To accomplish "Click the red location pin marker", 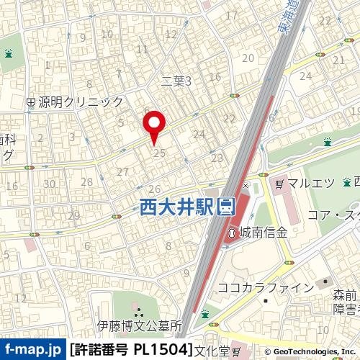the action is tap(156, 126).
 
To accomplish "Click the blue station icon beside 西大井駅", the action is tap(225, 207).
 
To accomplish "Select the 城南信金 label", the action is tap(264, 233).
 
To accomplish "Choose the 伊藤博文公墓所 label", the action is tap(140, 326).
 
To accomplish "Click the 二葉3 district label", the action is tap(176, 81).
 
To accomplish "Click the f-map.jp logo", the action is tap(33, 350).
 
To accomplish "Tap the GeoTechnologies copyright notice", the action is tap(313, 351).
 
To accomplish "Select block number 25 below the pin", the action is tap(161, 153).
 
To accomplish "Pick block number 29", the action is tap(73, 215).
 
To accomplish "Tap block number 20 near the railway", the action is tap(249, 58).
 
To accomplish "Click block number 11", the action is tap(142, 49).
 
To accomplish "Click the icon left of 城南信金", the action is tap(233, 233).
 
